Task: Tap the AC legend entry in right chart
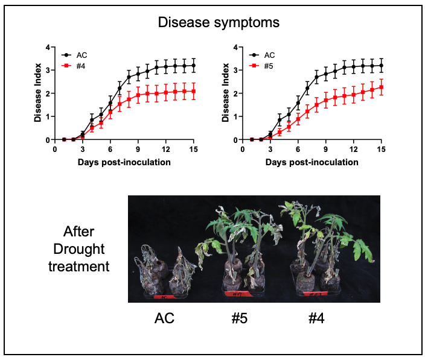click(x=271, y=54)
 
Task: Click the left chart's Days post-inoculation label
click(x=124, y=162)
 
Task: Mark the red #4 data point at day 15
click(x=193, y=91)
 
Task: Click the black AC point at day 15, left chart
click(x=193, y=65)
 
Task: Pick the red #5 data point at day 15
click(x=381, y=87)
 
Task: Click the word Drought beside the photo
click(x=79, y=249)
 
